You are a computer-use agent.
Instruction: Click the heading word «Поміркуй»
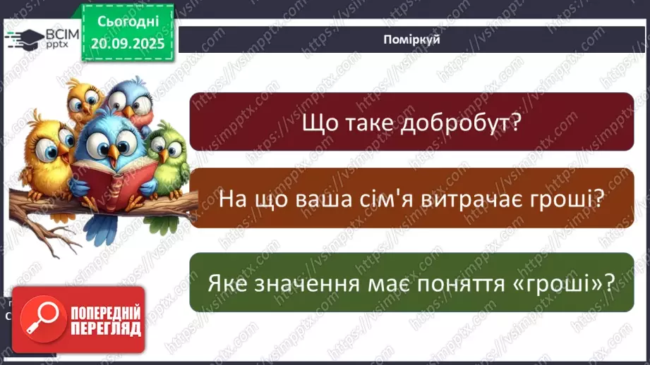(413, 39)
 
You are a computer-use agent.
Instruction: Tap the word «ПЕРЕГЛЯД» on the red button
(105, 328)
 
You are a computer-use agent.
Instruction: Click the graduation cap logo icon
(25, 39)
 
